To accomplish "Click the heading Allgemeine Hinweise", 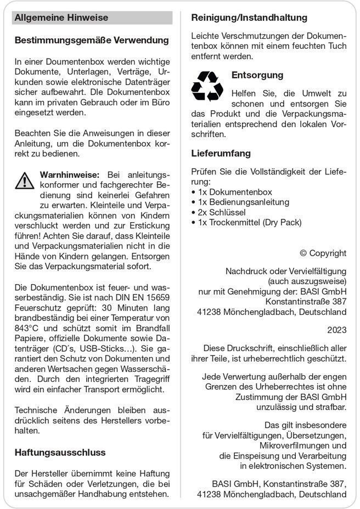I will [61, 18].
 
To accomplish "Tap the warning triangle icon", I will [25, 180].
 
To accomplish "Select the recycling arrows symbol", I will [207, 86].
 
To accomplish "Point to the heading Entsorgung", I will [257, 75].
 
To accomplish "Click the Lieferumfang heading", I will [221, 153].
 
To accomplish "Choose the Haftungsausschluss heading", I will [60, 453].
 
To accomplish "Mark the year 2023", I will [336, 330].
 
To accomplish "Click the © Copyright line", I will [323, 253].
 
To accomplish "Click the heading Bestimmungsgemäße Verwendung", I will [92, 41].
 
